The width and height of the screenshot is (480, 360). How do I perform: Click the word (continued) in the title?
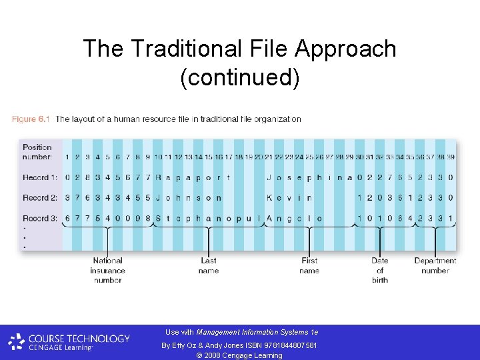point(240,78)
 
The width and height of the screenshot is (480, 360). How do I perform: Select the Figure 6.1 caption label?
point(31,119)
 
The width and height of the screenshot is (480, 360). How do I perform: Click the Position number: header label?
point(37,152)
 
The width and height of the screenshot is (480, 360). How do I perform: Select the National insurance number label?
point(107,270)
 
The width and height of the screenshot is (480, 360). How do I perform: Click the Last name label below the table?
point(209,265)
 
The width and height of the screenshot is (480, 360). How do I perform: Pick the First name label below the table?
point(309,265)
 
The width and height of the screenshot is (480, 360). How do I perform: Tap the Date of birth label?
point(380,270)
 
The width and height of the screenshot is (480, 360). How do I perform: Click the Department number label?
point(435,265)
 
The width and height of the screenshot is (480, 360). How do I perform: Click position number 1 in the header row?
point(67,157)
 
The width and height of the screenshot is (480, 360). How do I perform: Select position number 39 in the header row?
point(450,157)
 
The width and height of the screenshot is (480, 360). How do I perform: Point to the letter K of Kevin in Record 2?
point(269,197)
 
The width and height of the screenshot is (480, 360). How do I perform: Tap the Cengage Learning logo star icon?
point(16,342)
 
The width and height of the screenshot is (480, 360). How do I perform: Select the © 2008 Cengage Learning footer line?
point(239,355)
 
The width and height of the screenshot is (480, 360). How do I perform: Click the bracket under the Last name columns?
point(209,229)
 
